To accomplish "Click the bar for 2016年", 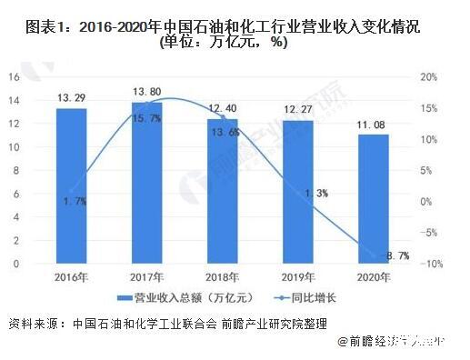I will coord(71,186).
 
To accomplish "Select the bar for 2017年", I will coord(147,183).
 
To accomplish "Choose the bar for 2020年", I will coord(374,199).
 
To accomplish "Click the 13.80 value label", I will coord(147,93).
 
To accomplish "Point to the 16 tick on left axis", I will coord(15,77).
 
